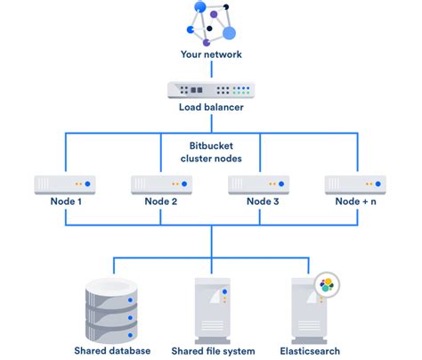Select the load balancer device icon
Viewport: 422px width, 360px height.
(x=211, y=90)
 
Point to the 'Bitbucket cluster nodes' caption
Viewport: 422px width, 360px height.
(x=211, y=151)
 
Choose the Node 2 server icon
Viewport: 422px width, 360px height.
(x=163, y=184)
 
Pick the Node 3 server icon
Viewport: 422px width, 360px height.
(x=260, y=184)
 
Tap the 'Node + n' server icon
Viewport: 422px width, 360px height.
(x=355, y=184)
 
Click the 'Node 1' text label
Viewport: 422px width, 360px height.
(x=67, y=202)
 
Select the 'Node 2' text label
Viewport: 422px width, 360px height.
(x=163, y=202)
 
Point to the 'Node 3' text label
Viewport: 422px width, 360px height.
(x=260, y=202)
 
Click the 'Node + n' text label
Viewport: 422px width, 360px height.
(x=355, y=202)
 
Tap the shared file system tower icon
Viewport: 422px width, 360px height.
(x=211, y=307)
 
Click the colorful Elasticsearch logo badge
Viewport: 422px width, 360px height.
(x=327, y=286)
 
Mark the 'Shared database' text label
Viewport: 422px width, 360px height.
(x=112, y=350)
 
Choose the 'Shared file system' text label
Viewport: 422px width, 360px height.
(x=211, y=350)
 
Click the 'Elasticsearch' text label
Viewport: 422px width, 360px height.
(x=309, y=350)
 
